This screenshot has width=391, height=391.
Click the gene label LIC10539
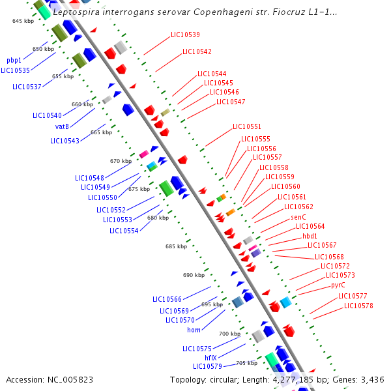185,35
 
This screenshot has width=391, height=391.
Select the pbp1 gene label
15,60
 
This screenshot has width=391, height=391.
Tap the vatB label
62,126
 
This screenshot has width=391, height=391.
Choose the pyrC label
338,285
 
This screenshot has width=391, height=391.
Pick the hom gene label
194,330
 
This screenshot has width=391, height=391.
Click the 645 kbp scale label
23,22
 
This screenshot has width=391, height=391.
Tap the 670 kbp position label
121,161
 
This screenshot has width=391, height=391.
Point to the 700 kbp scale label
229,334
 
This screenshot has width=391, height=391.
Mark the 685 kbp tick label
176,247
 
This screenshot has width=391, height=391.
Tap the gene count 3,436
371,379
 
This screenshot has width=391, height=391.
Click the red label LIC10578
358,306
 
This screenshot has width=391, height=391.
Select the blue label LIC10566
167,299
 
